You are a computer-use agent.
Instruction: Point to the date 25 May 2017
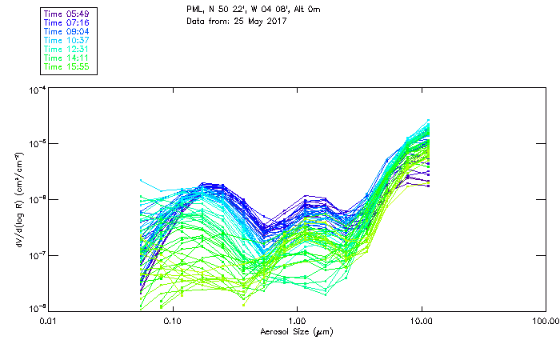[249, 22]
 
